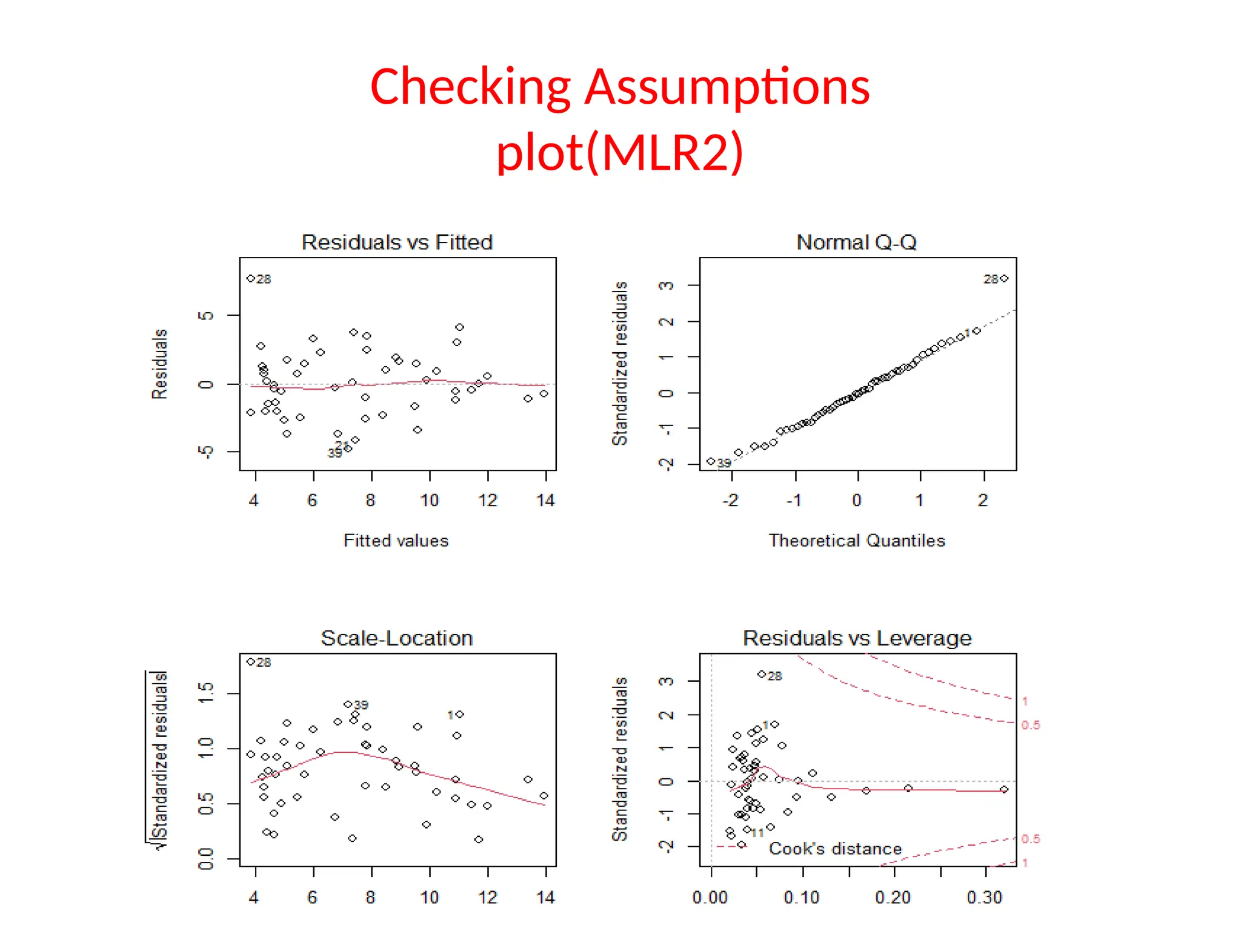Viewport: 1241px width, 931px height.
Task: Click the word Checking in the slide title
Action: pyautogui.click(x=470, y=88)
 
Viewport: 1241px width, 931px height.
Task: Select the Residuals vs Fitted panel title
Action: pyautogui.click(x=397, y=242)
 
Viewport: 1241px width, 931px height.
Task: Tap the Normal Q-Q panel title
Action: pyautogui.click(x=856, y=242)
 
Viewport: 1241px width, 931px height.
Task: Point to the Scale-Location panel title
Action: pyautogui.click(x=396, y=638)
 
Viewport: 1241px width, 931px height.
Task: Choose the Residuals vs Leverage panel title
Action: pyautogui.click(x=856, y=638)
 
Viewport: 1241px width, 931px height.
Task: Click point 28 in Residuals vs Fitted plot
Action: pyautogui.click(x=251, y=279)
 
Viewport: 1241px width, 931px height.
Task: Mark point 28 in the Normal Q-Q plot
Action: pyautogui.click(x=1004, y=279)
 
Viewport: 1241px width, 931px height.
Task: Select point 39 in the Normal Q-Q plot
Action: pyautogui.click(x=711, y=461)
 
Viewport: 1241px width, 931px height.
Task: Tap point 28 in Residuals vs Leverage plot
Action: pyautogui.click(x=762, y=675)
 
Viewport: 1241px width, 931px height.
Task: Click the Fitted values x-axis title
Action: pyautogui.click(x=396, y=541)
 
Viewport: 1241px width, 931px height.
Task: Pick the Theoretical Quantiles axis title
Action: pyautogui.click(x=856, y=541)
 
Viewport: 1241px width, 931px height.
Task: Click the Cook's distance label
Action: pyautogui.click(x=835, y=849)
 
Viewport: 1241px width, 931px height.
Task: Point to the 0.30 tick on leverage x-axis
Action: pyautogui.click(x=984, y=897)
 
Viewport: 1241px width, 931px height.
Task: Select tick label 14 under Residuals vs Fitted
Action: pyautogui.click(x=545, y=501)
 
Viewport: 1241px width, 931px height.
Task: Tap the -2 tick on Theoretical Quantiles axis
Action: pyautogui.click(x=730, y=501)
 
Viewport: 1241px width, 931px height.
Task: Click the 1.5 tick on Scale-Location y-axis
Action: pyautogui.click(x=206, y=693)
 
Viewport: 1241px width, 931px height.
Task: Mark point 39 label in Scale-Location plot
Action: pyautogui.click(x=361, y=705)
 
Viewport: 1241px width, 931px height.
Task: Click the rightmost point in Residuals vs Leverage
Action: pyautogui.click(x=1004, y=790)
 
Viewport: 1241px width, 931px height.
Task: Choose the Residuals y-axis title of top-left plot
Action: pyautogui.click(x=159, y=364)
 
